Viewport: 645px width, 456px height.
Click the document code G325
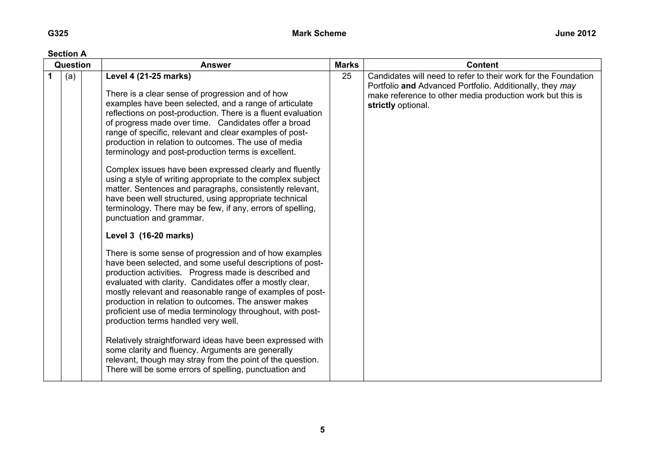coord(58,33)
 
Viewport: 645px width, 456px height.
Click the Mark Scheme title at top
coord(319,33)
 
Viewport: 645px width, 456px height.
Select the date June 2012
coord(575,33)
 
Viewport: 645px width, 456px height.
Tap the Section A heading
coord(67,54)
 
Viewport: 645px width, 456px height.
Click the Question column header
coord(72,65)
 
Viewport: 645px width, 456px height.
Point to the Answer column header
coord(215,65)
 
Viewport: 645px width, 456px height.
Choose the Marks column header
coord(346,65)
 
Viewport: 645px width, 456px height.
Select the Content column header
coord(482,65)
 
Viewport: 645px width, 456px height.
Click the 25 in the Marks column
coord(346,76)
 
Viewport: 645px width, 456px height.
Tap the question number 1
coord(50,76)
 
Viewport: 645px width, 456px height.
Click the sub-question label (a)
coord(71,76)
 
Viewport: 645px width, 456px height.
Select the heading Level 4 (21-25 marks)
coord(148,76)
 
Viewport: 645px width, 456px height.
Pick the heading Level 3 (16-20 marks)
coord(149,236)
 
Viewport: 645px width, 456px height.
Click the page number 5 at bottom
coord(322,430)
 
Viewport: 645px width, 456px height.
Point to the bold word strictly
coord(381,105)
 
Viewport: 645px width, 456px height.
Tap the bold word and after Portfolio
coord(408,86)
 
